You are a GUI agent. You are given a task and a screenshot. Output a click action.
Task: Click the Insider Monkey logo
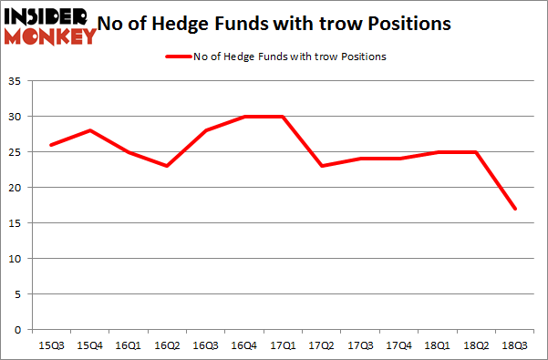[50, 26]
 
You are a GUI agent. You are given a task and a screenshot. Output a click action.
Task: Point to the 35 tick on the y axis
[17, 82]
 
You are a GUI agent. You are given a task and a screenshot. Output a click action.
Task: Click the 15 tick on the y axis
[17, 223]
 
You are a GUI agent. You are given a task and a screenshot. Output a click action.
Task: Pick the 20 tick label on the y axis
[17, 188]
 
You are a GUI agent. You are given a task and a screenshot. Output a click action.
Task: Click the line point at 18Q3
[515, 209]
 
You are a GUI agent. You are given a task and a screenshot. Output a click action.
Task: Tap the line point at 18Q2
[476, 152]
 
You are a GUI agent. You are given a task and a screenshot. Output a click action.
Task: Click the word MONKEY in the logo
[50, 36]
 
